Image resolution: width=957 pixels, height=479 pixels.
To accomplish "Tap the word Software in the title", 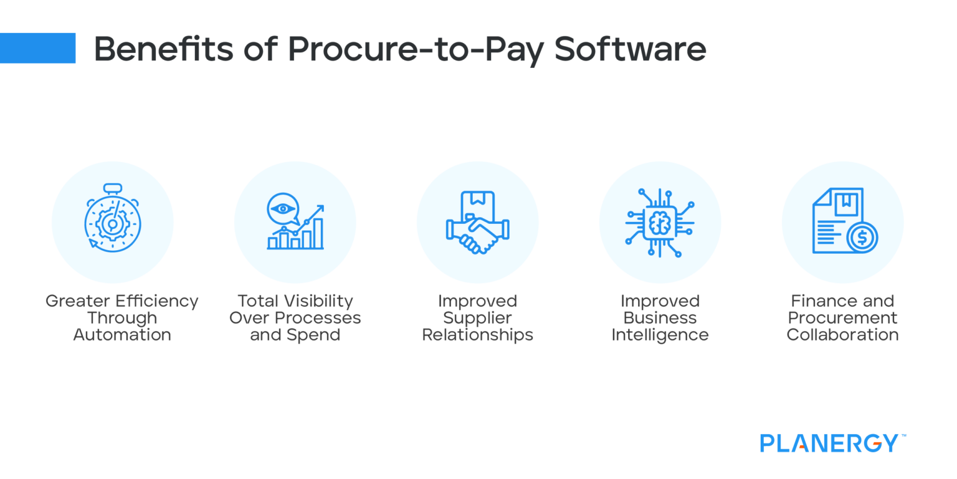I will point(630,49).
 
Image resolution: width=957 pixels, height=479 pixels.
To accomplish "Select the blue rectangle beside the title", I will point(37,48).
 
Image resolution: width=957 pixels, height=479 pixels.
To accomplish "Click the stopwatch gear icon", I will point(113,223).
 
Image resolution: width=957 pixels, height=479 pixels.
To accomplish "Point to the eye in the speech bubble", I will point(283,208).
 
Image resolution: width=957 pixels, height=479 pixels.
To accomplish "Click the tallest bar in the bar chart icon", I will point(318,233).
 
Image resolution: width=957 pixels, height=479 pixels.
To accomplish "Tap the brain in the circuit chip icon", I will point(660,223).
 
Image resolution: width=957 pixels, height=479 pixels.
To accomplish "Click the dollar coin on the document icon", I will point(862,238).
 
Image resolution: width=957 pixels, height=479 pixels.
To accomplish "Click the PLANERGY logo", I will point(829,443).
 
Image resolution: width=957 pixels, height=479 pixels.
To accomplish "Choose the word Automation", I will point(122,335).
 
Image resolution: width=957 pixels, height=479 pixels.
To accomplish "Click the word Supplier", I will point(477,318).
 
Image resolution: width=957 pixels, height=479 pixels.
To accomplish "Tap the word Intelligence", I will point(660,335).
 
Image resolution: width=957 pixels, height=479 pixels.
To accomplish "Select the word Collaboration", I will point(842,335).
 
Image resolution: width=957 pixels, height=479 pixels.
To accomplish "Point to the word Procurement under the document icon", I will point(842,318).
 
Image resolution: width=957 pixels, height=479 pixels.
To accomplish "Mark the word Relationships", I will point(477,335).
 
